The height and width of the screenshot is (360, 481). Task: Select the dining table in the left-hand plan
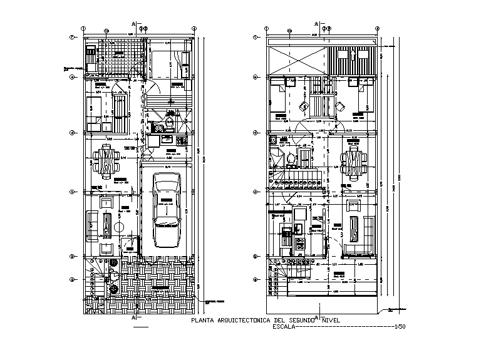tap(105, 160)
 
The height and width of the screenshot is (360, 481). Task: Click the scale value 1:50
tap(401, 326)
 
